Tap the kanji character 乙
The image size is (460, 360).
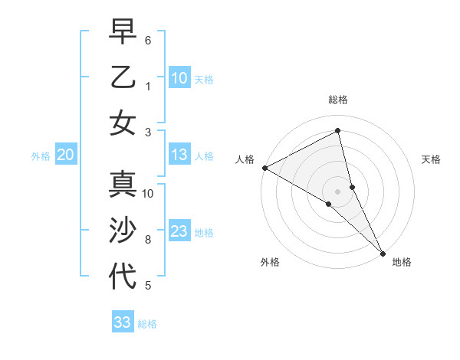123,77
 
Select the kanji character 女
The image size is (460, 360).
123,123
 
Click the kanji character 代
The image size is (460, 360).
123,276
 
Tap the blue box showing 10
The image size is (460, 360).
179,77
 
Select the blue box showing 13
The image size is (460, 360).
179,155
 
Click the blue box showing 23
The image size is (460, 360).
179,231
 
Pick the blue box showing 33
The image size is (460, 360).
123,322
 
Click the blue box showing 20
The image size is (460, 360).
65,155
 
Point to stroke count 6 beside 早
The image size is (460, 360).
148,40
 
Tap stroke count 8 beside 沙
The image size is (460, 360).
148,240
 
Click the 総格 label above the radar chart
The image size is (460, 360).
338,100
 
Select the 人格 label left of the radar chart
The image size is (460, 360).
245,159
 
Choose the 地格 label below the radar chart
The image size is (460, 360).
402,262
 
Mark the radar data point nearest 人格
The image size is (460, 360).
264,167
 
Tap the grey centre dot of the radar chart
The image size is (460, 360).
338,191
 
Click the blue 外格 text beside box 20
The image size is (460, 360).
41,155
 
